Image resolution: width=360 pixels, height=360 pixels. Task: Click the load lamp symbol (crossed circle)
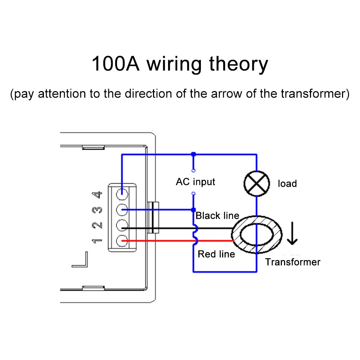[256, 184]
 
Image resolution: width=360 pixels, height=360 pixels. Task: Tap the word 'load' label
[287, 184]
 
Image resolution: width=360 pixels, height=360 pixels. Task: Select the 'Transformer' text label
[293, 262]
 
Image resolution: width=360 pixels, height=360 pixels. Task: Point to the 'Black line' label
[217, 216]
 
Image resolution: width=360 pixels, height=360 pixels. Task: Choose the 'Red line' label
[216, 254]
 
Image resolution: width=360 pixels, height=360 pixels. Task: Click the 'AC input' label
[195, 181]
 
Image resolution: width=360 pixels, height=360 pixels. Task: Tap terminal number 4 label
[98, 195]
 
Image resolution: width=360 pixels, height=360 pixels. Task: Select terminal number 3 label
[98, 210]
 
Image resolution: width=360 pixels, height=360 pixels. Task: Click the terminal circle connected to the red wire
[123, 240]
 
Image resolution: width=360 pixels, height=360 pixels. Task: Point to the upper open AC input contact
[194, 170]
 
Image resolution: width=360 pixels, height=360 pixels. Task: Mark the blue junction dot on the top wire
[194, 154]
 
